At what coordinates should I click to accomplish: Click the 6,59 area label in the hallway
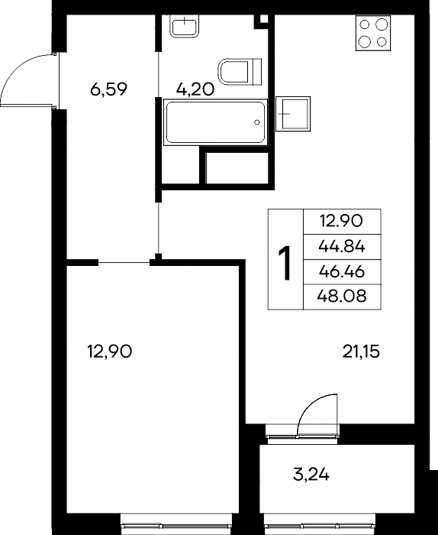[108, 89]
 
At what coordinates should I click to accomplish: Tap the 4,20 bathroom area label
[195, 89]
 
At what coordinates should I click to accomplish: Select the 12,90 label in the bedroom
[109, 351]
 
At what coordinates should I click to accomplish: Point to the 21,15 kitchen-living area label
[361, 352]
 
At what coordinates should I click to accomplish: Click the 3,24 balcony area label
[311, 475]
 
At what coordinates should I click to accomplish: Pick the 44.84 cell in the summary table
[342, 246]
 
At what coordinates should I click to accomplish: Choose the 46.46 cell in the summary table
[342, 271]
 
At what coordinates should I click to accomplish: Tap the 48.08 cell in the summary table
[342, 297]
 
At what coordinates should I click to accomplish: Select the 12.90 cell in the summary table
[342, 222]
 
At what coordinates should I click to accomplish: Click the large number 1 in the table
[285, 263]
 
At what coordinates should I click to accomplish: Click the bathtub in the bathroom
[215, 122]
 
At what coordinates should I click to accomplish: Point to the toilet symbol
[240, 72]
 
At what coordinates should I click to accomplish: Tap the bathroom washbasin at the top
[184, 25]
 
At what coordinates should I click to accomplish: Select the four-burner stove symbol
[373, 33]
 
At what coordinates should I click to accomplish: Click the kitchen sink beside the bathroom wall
[293, 114]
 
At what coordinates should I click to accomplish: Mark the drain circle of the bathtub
[257, 122]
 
